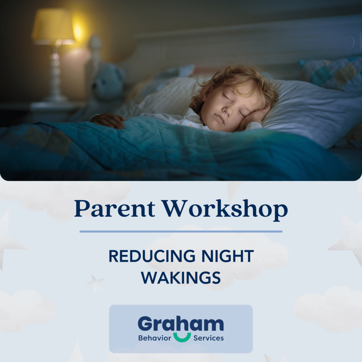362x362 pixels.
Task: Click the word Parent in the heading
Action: (115, 209)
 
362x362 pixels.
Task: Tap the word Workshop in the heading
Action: (225, 209)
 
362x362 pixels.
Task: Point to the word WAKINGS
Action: (181, 278)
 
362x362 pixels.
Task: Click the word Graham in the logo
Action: (181, 324)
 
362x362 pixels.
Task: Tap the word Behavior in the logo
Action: (154, 338)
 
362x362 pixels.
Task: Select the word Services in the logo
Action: (209, 338)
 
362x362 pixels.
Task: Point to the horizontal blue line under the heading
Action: (181, 232)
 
